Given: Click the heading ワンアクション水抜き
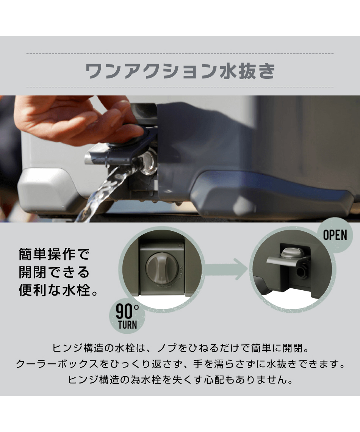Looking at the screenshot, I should [x=180, y=71].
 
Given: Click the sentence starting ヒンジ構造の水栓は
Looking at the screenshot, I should [x=180, y=348].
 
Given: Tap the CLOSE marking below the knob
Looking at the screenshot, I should [x=162, y=286].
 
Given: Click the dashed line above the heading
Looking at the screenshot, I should [x=180, y=54].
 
